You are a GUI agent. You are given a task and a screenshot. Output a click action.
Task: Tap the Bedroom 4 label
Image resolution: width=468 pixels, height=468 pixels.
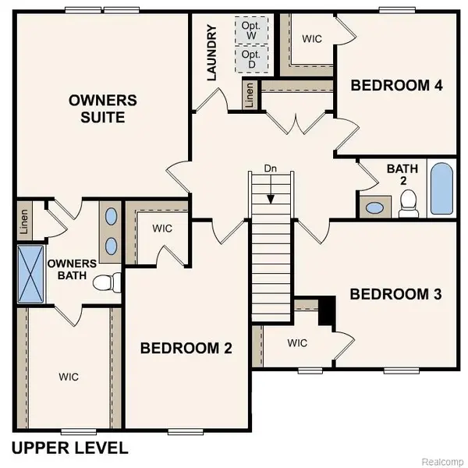point(397,85)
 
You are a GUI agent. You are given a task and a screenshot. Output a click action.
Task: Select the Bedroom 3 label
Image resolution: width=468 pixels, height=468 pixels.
point(396,294)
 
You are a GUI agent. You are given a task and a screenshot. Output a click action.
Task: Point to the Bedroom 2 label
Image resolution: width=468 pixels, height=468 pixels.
point(186,348)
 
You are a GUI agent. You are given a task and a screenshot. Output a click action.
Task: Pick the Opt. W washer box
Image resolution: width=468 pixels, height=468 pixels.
point(251,31)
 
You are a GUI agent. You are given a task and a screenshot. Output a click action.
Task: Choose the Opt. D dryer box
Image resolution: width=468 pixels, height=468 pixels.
point(251,59)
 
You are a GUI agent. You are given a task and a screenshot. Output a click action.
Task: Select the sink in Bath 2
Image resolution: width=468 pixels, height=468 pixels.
point(375,208)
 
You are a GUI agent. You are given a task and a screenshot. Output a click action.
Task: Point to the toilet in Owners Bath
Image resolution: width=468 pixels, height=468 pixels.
point(105,282)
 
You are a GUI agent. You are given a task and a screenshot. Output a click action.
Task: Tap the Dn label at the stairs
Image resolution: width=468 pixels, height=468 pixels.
point(270,168)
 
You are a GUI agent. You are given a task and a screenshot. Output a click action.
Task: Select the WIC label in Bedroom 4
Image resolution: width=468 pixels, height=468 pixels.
point(313,37)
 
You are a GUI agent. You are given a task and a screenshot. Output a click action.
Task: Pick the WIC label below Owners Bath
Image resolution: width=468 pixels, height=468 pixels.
point(69,377)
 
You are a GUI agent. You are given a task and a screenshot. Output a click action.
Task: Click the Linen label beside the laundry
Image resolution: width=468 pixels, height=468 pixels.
point(249,94)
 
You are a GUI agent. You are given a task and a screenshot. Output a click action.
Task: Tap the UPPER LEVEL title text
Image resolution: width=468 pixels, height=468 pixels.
point(69,448)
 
